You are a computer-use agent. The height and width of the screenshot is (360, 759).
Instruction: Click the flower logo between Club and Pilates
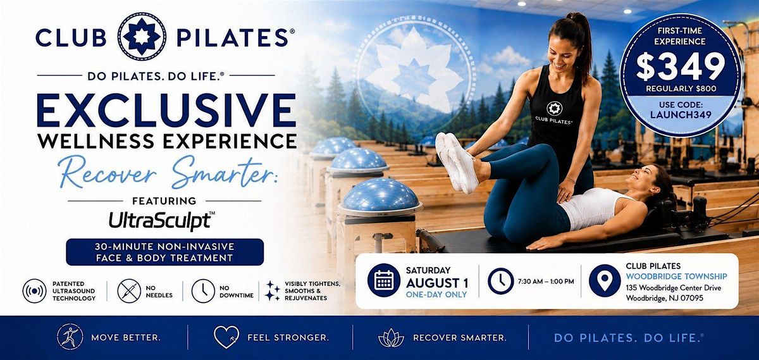coord(142,37)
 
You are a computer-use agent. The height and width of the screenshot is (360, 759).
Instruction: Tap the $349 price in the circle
coord(680,66)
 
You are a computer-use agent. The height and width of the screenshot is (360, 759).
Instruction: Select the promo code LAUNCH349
coord(681,115)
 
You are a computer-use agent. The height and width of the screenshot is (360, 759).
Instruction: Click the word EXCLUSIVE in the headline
coord(166,110)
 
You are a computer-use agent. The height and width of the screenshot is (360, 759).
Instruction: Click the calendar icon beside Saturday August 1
coord(384,280)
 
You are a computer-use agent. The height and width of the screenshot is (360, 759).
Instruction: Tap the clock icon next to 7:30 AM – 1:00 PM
coord(500,281)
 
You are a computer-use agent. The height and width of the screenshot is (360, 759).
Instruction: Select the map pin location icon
coord(605,281)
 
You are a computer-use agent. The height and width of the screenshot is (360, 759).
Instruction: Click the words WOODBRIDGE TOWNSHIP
coord(676,276)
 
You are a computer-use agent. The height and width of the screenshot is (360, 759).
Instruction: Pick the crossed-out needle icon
coord(129,291)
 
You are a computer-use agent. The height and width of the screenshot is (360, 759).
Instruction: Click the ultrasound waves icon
coord(35,291)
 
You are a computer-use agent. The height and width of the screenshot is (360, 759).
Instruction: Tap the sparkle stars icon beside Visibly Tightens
coord(273,291)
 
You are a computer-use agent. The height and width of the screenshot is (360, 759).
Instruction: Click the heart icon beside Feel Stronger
coord(226,337)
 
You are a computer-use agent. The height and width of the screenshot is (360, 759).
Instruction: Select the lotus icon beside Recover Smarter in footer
coord(391,338)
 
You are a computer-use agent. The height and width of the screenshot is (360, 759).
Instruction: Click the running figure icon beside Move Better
coord(70,337)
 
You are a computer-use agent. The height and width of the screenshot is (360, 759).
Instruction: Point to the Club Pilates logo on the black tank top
coord(554,113)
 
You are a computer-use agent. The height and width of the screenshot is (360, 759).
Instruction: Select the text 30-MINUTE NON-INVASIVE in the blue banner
coord(164,247)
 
